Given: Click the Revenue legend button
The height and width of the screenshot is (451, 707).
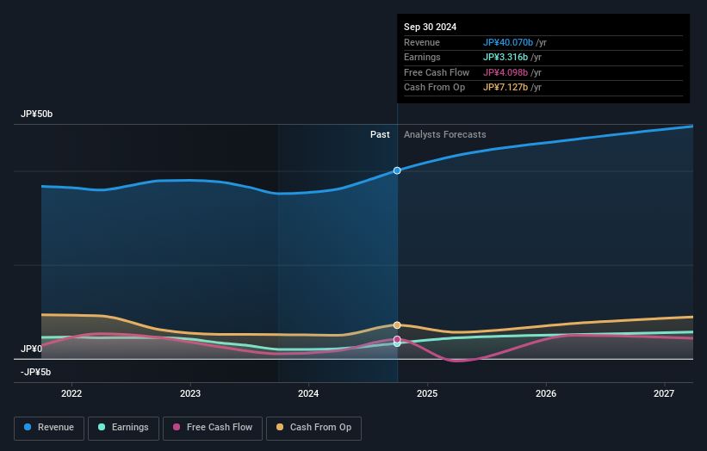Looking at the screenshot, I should (49, 428).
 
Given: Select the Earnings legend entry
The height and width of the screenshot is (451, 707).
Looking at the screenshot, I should (123, 428).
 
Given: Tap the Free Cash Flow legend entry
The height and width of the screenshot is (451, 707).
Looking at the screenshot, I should (212, 428).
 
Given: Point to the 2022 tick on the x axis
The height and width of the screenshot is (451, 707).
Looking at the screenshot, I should (71, 394).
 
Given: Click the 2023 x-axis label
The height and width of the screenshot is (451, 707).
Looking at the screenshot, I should (190, 394).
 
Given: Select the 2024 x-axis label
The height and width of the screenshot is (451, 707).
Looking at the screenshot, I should (308, 394).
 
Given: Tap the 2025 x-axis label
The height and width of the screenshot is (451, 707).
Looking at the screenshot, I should (427, 394).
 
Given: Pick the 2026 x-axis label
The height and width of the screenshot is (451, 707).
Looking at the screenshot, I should (546, 394).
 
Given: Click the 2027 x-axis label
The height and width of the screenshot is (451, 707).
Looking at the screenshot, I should (664, 394).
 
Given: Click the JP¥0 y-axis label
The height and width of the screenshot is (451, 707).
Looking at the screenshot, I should (31, 349).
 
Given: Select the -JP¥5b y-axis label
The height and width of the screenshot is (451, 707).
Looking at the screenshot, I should (35, 372).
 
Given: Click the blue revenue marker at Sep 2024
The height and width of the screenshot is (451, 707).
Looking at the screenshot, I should (397, 170).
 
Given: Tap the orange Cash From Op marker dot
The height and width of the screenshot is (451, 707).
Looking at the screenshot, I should (397, 325).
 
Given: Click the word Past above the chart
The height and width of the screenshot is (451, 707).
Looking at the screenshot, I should (380, 135).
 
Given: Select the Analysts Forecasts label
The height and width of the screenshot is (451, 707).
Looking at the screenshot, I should (444, 135).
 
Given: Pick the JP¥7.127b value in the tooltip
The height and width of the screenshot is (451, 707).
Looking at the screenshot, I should (505, 88).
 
